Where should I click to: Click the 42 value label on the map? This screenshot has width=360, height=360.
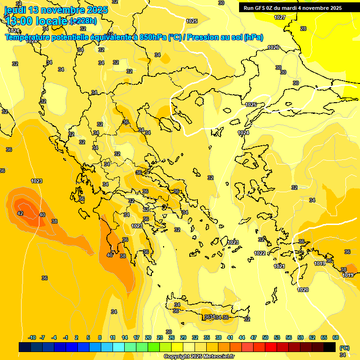point(20,213)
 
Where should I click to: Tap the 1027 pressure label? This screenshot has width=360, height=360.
point(280,17)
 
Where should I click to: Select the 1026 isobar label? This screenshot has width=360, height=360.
point(273,47)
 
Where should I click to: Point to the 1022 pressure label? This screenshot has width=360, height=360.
point(260,253)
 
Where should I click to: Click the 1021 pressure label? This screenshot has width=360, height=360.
point(279,266)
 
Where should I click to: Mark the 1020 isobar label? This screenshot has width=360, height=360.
point(303,290)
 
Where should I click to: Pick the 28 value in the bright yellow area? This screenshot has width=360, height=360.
point(303,29)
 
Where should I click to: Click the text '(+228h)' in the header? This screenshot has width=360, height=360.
point(83,21)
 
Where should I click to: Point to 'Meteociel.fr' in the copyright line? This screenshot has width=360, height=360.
point(217,356)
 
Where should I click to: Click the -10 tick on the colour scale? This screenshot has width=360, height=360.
point(32,337)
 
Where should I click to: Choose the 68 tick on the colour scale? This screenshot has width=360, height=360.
point(335,337)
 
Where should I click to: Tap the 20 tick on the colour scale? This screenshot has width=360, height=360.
point(148,337)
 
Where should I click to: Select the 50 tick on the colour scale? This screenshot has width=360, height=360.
point(265,337)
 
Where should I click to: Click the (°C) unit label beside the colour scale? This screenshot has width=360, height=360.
point(344,348)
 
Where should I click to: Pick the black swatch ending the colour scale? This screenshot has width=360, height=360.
point(330,347)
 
